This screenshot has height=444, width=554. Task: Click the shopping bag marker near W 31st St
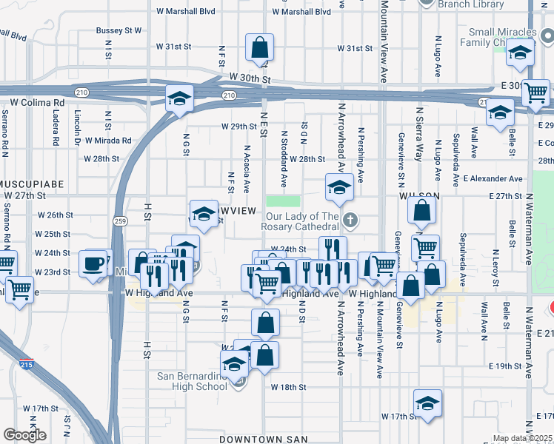[x=260, y=48]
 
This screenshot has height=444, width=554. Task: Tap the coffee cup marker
[x=94, y=264]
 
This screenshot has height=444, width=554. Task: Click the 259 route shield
[x=121, y=221]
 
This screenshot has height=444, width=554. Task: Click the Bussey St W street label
[x=119, y=31]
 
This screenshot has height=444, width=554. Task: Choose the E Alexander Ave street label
[x=493, y=178]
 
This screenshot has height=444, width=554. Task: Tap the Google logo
[x=24, y=434]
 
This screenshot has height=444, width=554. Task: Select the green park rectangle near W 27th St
[x=283, y=201]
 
